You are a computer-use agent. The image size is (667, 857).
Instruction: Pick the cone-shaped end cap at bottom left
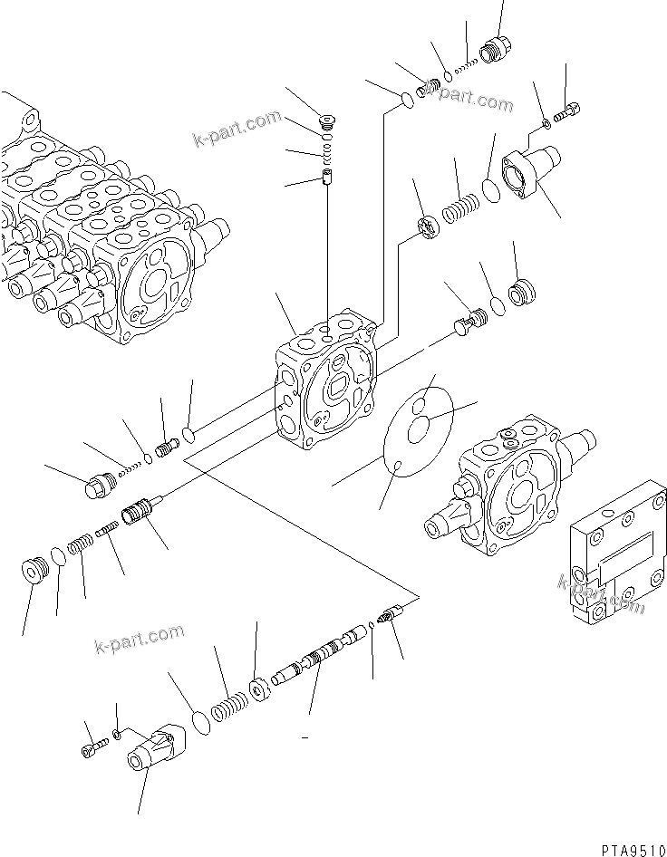154,749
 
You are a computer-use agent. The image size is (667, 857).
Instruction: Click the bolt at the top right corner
568,112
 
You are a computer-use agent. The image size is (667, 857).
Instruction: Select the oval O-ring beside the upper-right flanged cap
489,191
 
